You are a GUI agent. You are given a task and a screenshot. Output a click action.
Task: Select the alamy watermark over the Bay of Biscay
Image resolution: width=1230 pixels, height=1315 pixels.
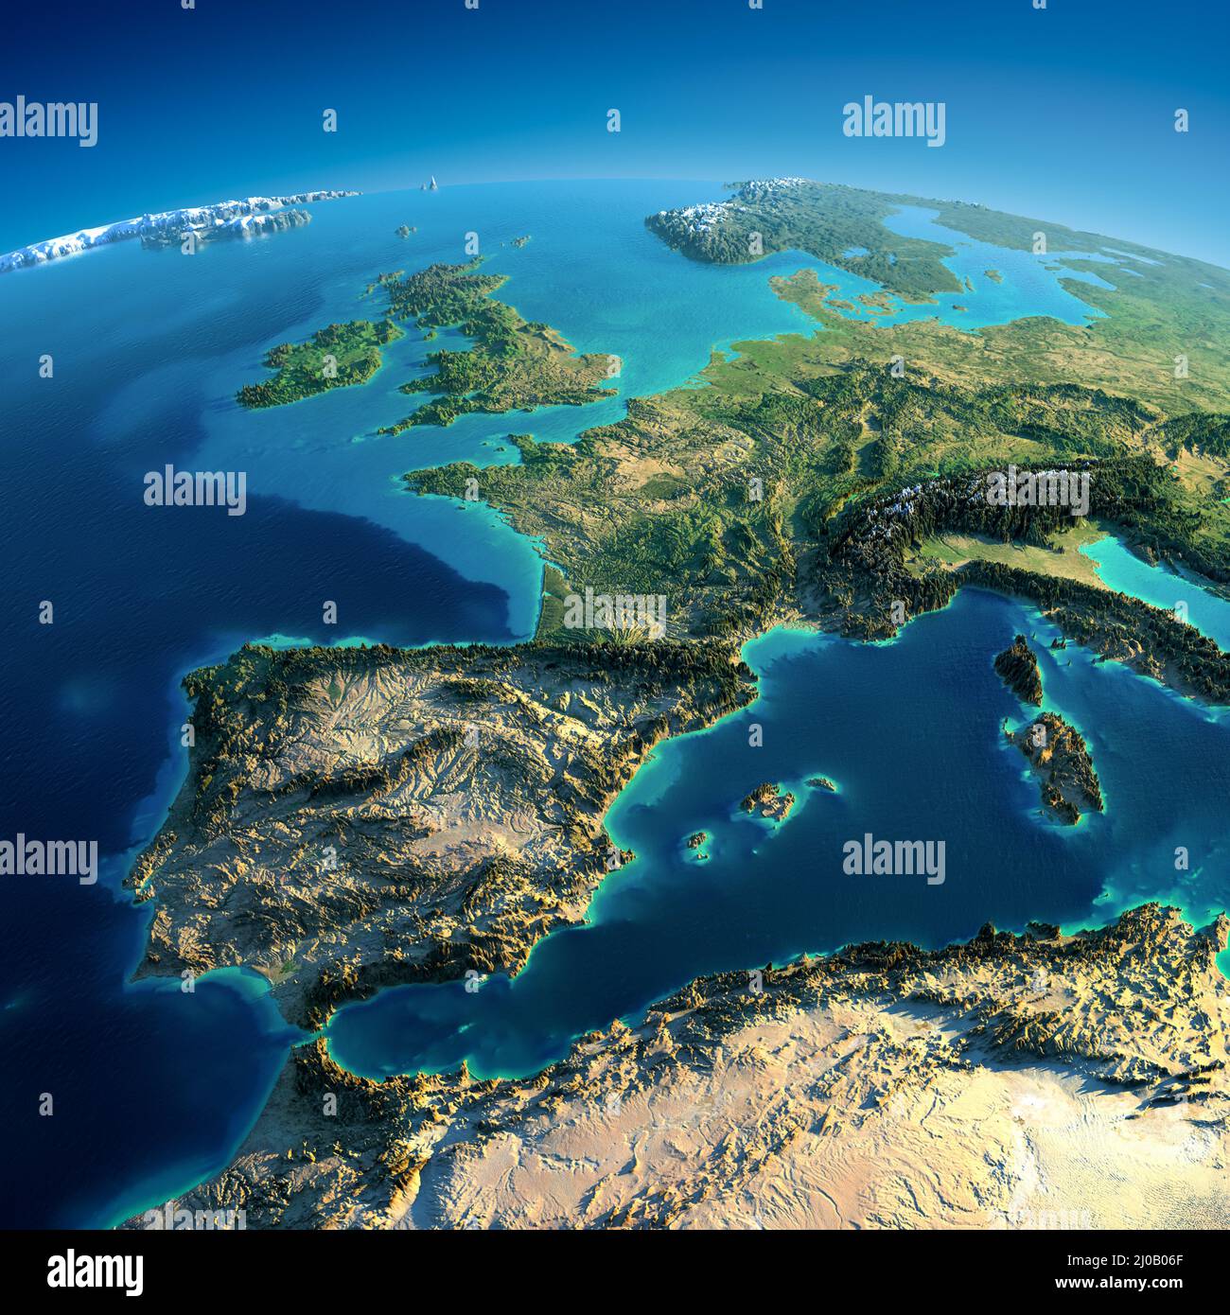195,490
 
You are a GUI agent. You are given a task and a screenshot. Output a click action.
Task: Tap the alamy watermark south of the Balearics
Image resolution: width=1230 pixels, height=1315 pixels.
893,861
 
